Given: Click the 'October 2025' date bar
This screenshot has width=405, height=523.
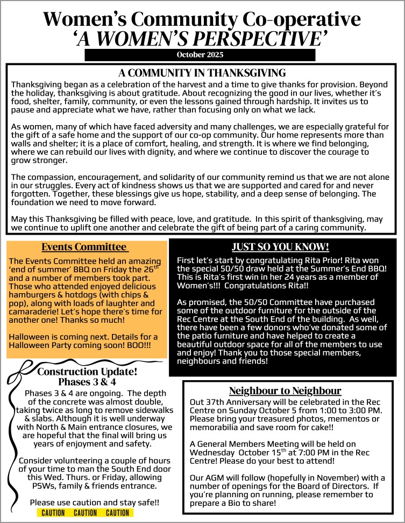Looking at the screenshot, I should click(x=200, y=55).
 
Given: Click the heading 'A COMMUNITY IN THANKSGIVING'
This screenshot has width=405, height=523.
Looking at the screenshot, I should click(x=202, y=72).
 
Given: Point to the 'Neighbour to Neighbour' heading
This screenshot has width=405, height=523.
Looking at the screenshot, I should click(x=285, y=390).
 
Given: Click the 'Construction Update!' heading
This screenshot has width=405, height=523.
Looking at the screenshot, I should click(x=87, y=372).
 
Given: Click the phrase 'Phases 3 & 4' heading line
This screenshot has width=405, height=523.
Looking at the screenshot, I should click(x=87, y=382).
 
